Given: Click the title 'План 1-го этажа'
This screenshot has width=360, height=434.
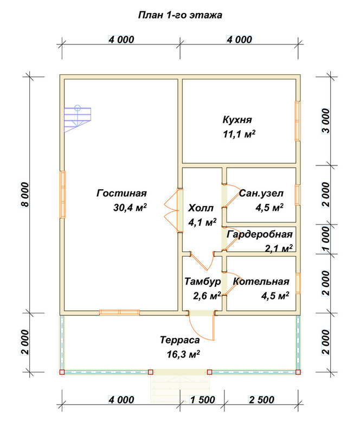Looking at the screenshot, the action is coord(180,15).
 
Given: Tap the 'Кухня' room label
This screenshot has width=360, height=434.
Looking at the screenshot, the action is coord(237,120).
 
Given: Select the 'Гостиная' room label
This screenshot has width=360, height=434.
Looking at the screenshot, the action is coord(121,193).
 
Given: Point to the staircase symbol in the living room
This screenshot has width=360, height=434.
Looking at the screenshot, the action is coord(78,119).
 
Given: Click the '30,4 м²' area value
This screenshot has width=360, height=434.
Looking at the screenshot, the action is coord(130,207).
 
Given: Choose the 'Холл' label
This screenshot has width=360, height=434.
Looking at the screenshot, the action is coord(201,208).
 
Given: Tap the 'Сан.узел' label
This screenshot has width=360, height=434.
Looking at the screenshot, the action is coord(261,193).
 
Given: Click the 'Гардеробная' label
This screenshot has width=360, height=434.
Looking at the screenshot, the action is coord(260,234).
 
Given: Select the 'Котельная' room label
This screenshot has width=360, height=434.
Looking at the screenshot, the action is coord(261,282).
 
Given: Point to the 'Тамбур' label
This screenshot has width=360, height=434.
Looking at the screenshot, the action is coord(203,282).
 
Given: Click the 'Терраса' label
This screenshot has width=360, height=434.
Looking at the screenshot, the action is coord(179,340).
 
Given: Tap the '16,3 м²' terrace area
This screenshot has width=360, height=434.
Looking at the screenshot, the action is coord(183,354).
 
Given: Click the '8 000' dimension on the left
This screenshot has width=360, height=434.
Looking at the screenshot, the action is coord(25,195).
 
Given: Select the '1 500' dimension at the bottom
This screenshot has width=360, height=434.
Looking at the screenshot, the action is coord(202,400).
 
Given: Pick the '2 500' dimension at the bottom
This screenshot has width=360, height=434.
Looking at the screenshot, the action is coord(261,400).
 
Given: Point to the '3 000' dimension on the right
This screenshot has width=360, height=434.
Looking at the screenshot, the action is coord(326,121).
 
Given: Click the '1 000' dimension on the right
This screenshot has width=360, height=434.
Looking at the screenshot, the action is coord(326,239).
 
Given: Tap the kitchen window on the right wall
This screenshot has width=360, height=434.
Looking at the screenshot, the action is coord(298,121).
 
